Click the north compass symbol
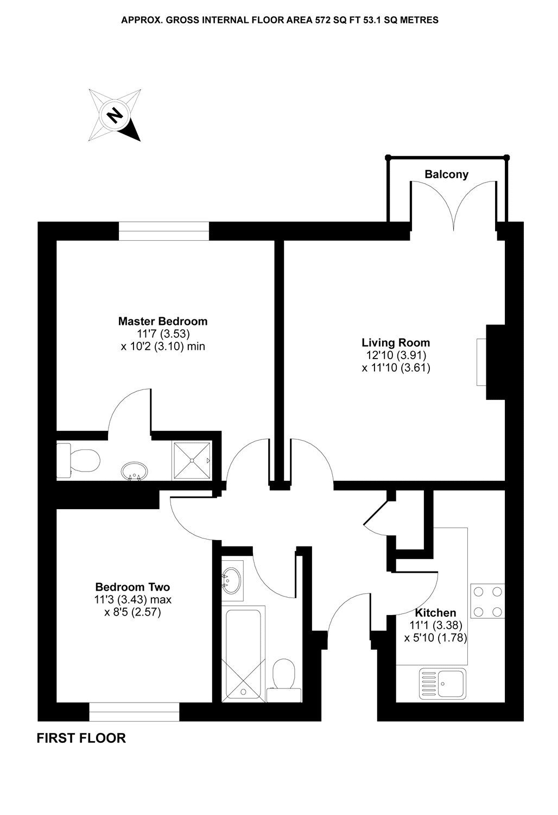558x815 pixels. click(x=115, y=115)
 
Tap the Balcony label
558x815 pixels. click(x=446, y=174)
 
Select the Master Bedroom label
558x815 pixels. click(x=162, y=321)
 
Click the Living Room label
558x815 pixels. click(x=396, y=343)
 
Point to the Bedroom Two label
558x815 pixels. click(x=132, y=587)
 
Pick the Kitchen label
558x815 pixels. click(x=435, y=613)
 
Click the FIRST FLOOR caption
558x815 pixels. click(x=81, y=738)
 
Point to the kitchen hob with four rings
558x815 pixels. click(x=487, y=601)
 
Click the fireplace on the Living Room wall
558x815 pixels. click(x=482, y=362)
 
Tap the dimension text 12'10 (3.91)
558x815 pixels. click(x=396, y=355)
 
